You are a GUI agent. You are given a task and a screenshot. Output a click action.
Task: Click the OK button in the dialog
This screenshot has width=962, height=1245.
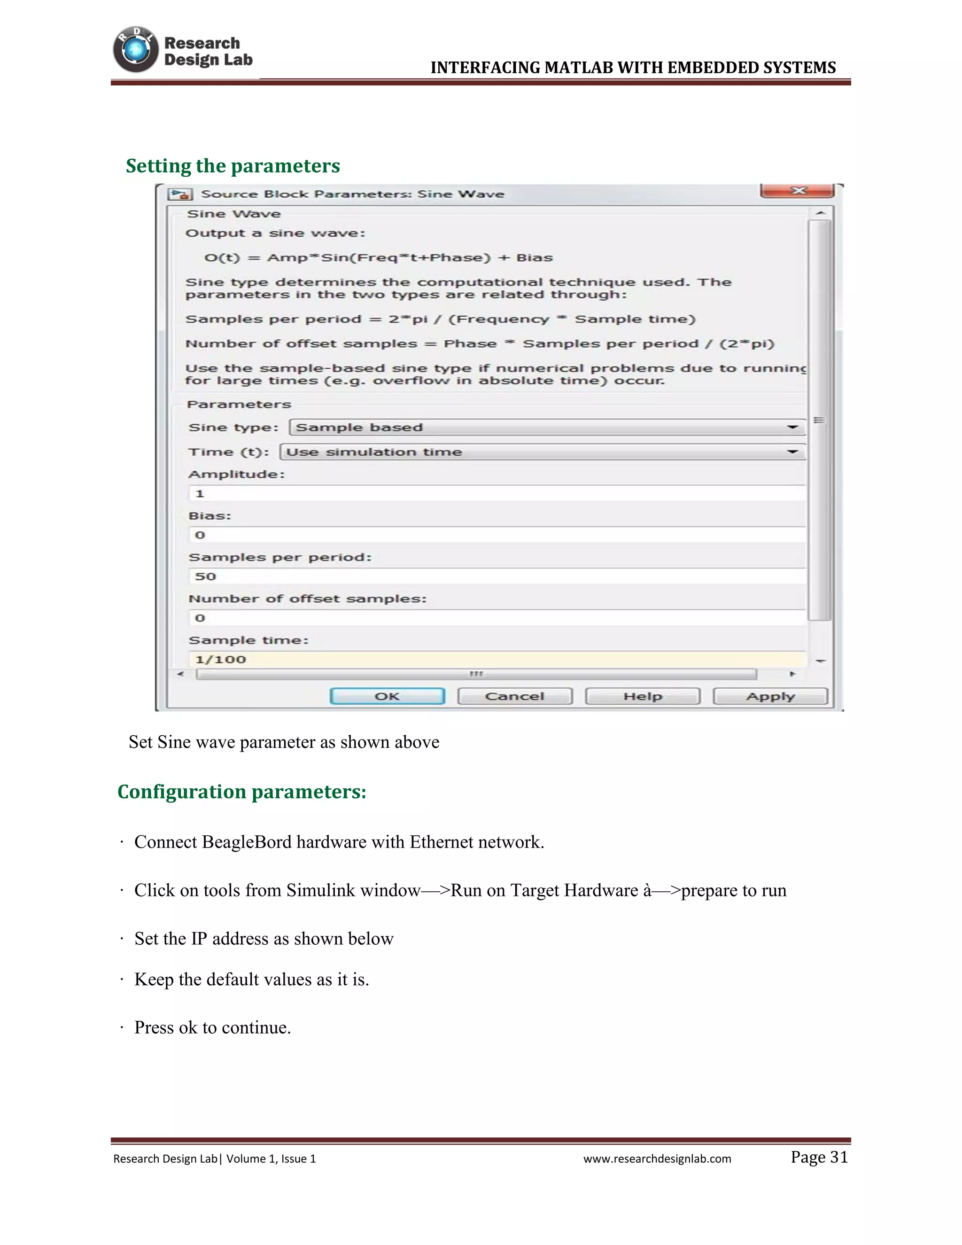(x=387, y=696)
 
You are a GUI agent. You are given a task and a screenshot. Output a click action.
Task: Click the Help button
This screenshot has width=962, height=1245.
(x=642, y=696)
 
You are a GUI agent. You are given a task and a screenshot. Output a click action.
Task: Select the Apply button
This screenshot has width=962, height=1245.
(x=770, y=696)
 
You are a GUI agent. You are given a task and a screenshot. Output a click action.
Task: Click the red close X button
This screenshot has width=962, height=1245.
(x=798, y=190)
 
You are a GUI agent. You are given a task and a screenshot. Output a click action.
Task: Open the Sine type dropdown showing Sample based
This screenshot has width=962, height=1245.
(x=547, y=427)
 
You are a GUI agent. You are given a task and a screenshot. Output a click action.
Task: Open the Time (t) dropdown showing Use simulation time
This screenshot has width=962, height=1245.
(x=543, y=451)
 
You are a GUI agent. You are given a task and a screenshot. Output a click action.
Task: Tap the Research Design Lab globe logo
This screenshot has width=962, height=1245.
(x=136, y=50)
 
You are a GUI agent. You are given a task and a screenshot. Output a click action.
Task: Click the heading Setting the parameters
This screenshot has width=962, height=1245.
(x=233, y=166)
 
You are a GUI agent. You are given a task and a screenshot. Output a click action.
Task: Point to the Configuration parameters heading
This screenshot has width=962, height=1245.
(x=241, y=792)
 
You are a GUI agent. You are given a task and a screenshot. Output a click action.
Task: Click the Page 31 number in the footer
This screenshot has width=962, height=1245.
(x=819, y=1157)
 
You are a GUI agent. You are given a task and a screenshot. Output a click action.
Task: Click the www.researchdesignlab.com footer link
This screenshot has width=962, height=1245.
(x=657, y=1159)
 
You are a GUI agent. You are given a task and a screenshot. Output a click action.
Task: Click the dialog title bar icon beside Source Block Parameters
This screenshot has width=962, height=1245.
(x=180, y=195)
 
